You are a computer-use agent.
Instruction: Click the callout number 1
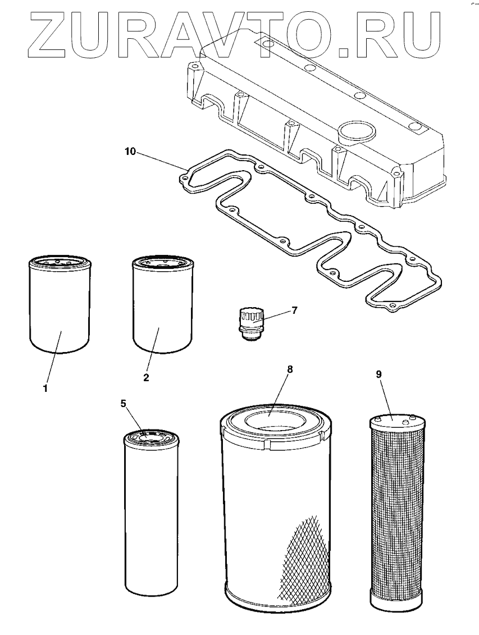click(46, 388)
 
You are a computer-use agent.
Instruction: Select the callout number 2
click(146, 377)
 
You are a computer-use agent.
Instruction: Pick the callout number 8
click(290, 369)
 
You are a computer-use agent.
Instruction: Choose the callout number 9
click(379, 373)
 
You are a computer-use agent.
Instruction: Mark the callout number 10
click(130, 152)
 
